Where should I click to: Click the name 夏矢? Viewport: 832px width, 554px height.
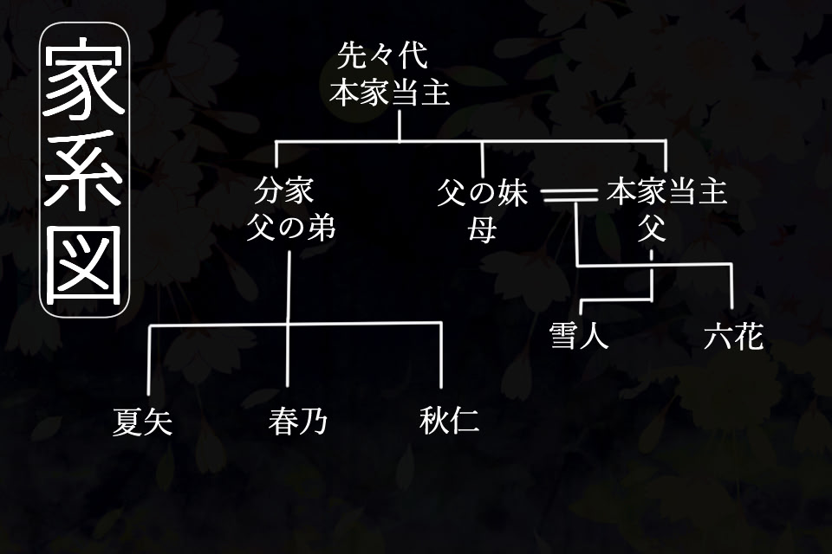click(x=143, y=422)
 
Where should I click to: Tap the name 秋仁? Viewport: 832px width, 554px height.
click(x=449, y=422)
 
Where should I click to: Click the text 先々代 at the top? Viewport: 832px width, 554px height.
click(x=383, y=59)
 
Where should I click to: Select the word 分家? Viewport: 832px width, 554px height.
click(x=284, y=191)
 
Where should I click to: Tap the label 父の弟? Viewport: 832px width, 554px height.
click(x=290, y=228)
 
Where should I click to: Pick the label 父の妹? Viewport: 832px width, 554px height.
click(x=482, y=192)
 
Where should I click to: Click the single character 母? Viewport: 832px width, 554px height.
click(x=482, y=229)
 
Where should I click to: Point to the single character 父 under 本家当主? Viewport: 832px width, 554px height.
click(x=651, y=229)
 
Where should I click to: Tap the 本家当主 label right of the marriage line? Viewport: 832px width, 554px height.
click(x=666, y=192)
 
